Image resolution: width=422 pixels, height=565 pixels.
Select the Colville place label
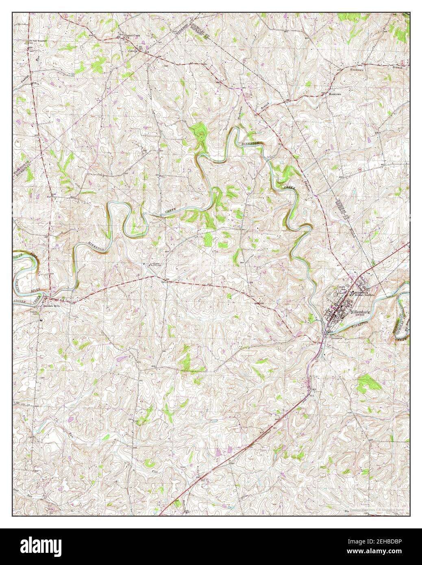pyautogui.click(x=133, y=51)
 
